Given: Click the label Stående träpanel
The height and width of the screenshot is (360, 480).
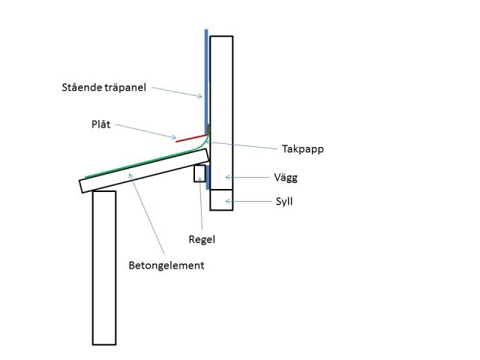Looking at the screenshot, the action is coord(103,88).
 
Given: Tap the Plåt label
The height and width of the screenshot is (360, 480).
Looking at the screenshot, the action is coord(101,124).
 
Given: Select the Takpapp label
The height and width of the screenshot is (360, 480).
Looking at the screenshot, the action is coord(303,149).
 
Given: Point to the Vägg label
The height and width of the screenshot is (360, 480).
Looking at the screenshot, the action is coord(286,178).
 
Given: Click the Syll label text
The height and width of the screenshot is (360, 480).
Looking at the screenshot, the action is coord(284,202).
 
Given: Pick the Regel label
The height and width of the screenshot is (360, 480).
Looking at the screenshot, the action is coord(202,239).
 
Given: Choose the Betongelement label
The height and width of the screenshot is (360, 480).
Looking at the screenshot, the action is coord(166,265).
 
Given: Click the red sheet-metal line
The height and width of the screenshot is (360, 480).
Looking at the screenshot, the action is coord(191,138).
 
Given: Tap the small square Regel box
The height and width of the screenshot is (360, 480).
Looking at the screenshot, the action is coord(199,173).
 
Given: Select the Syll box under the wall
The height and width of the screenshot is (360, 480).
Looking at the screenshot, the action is coord(221,200).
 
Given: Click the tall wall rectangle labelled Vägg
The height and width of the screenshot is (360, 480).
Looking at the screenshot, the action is coord(221,112).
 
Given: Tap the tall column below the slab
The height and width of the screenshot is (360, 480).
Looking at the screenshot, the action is coord(104,268).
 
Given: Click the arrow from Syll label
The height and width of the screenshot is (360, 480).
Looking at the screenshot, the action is coord(248,201).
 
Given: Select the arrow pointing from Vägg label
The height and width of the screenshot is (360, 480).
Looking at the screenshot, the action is coord(247,177).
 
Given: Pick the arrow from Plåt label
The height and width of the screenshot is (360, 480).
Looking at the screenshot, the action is coord(145,131).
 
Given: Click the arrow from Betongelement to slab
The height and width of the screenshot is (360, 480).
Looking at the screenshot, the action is coord(147,214).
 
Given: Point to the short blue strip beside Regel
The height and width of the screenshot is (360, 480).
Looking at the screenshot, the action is coord(208,177).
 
